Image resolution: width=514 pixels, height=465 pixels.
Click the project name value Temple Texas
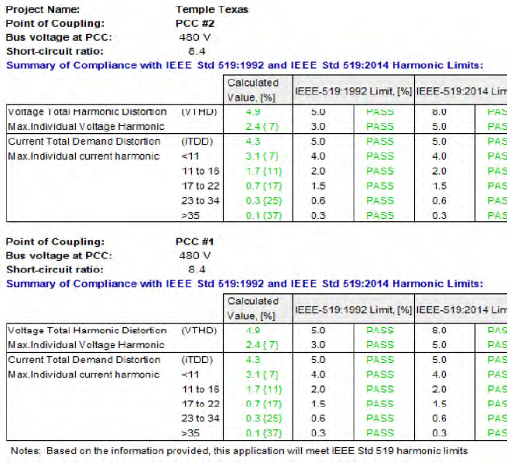(x=212, y=10)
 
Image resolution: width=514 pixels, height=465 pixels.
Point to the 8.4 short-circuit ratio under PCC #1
(x=197, y=269)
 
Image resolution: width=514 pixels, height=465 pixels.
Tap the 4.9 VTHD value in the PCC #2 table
(x=252, y=112)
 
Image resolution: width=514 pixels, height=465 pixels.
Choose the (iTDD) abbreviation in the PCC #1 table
(x=194, y=360)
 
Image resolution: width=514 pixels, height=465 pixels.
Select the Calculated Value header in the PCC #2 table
(x=253, y=91)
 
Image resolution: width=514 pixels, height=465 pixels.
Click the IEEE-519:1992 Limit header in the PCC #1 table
(x=353, y=309)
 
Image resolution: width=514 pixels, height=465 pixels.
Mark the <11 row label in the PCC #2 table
(x=190, y=156)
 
